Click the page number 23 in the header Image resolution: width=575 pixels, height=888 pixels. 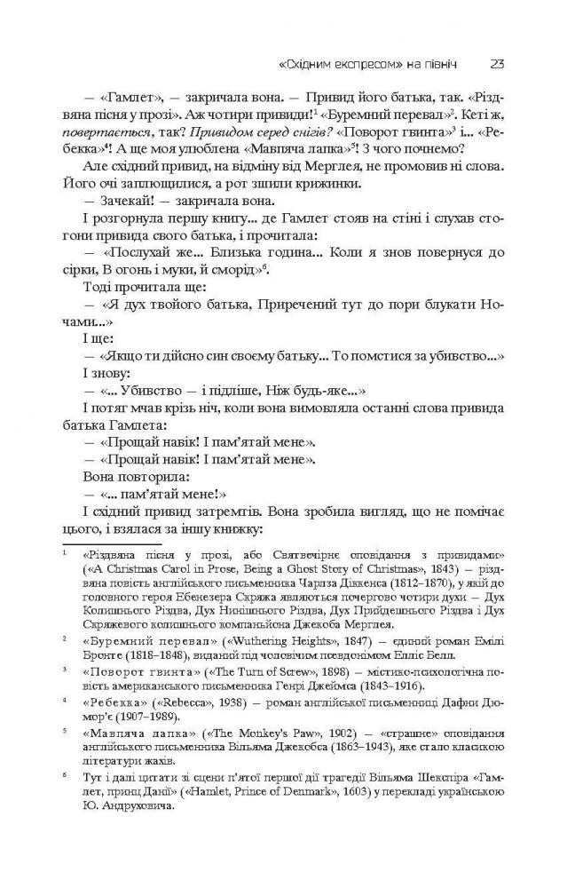(497, 63)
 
